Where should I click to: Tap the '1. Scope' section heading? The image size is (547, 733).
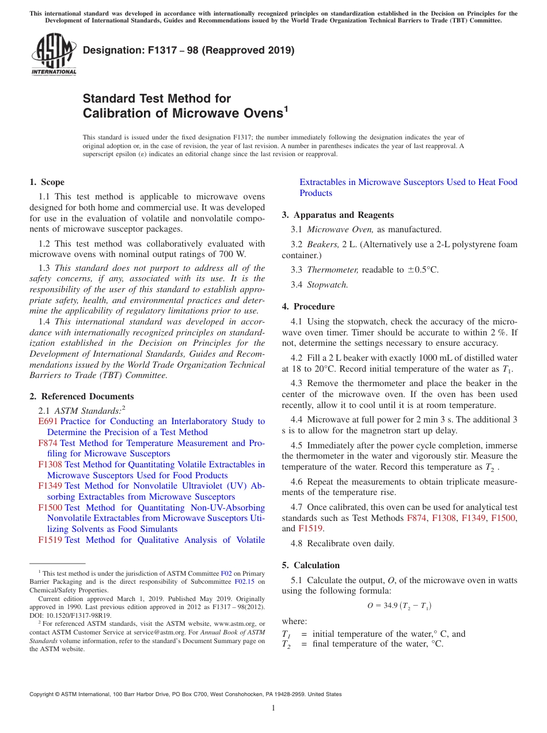tap(47, 182)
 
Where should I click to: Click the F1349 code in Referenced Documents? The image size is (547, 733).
tap(50, 486)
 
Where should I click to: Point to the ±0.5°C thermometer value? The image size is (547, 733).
tap(422, 269)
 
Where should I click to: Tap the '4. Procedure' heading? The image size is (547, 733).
tap(308, 307)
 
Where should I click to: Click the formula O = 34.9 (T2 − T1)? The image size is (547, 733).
tap(400, 606)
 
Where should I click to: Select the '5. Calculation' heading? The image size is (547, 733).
tap(311, 565)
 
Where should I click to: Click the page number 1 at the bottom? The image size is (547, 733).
tap(273, 708)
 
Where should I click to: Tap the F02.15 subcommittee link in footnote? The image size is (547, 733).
tap(244, 581)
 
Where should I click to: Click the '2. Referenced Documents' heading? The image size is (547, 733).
tap(82, 396)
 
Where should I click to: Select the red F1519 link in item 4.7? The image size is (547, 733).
tap(310, 528)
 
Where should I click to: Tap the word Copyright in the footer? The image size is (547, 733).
tap(43, 694)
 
